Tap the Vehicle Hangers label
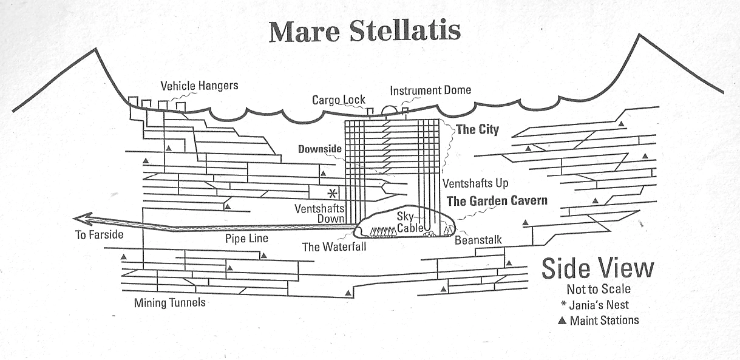[199, 86]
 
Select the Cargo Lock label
[339, 100]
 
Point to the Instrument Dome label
[430, 90]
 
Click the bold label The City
[477, 129]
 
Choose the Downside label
[320, 149]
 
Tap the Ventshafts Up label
[475, 183]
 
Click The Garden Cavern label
[497, 201]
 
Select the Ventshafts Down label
[320, 214]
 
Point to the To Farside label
[99, 235]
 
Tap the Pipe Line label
[246, 239]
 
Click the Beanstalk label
[478, 240]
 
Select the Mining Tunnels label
[169, 302]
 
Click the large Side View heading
[598, 268]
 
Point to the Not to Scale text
[599, 290]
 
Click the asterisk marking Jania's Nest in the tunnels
[332, 194]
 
